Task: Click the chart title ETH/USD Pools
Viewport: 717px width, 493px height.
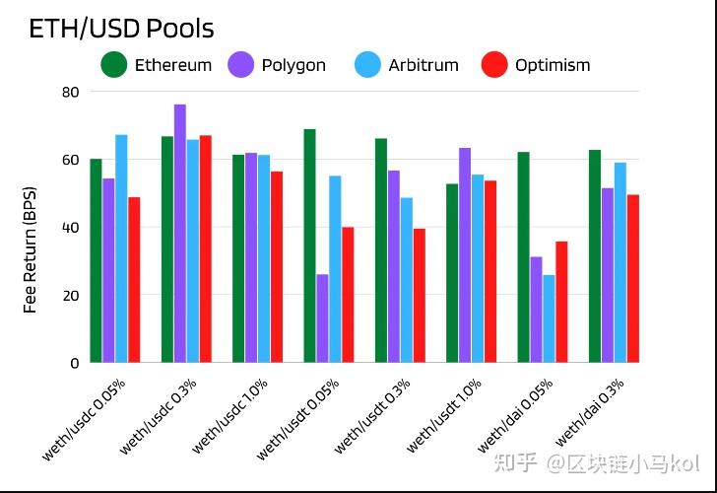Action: point(121,29)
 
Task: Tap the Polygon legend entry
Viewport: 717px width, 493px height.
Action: point(278,65)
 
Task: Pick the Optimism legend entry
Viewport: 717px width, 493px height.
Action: point(536,65)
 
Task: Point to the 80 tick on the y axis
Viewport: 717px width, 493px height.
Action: point(70,92)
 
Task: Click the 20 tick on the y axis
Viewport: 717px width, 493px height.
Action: point(70,295)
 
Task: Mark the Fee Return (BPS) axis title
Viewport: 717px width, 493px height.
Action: point(31,248)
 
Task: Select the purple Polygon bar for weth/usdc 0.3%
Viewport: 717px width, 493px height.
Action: point(180,234)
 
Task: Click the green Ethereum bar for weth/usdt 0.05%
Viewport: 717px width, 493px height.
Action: point(309,246)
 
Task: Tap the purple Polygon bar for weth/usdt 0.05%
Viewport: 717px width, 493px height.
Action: point(322,318)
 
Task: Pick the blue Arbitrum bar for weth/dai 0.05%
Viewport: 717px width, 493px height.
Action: point(549,318)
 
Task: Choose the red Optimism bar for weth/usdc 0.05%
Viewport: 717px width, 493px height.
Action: point(134,280)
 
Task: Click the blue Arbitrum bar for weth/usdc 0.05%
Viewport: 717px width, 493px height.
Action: point(121,248)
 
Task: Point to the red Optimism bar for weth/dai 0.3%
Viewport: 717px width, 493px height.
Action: point(632,278)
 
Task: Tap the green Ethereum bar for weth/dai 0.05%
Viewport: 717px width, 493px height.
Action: point(523,257)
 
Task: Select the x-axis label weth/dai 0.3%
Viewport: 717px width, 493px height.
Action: point(592,412)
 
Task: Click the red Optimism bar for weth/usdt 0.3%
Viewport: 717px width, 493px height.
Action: point(419,296)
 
